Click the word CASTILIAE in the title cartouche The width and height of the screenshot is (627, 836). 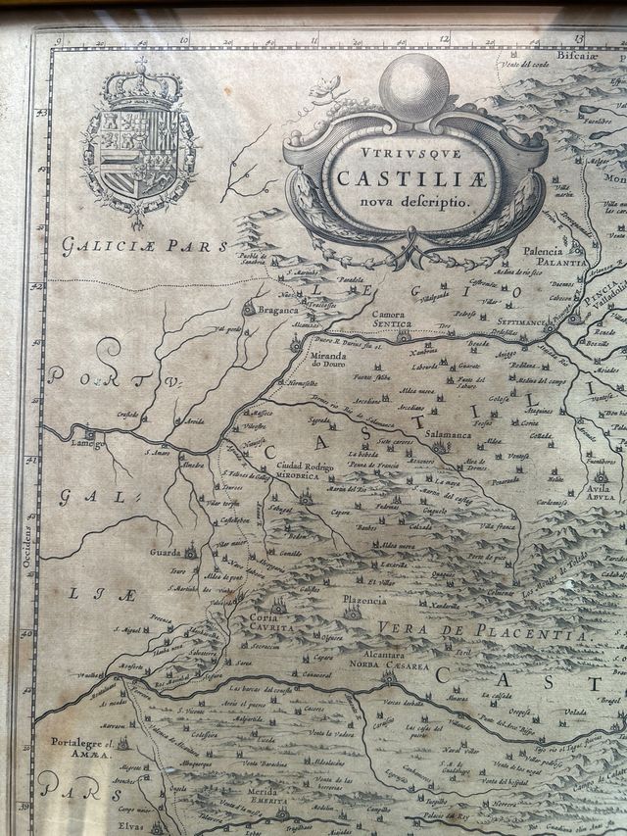pyautogui.click(x=402, y=178)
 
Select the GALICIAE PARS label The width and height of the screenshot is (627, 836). pyautogui.click(x=144, y=246)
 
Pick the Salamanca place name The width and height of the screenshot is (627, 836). pyautogui.click(x=449, y=434)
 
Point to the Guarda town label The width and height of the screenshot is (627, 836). pyautogui.click(x=164, y=553)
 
